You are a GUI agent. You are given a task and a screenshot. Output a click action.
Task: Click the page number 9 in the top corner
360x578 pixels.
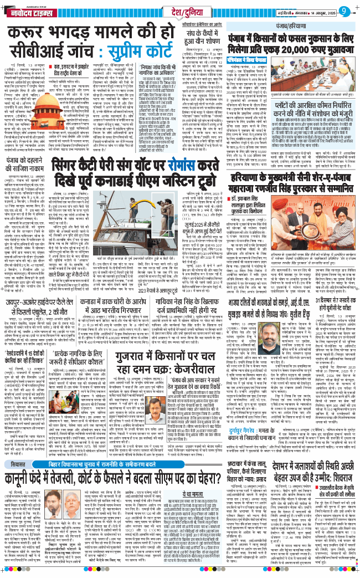coord(343,11)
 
